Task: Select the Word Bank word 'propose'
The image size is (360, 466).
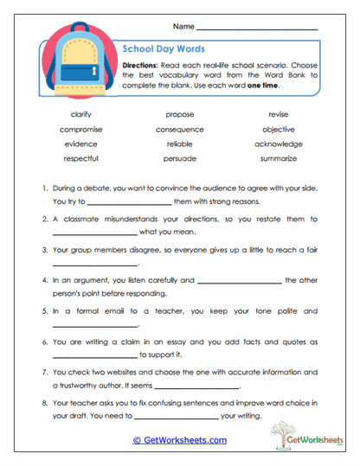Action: coord(179,114)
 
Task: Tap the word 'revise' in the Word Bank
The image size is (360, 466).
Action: coord(279,114)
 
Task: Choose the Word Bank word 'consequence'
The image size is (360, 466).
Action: coord(179,129)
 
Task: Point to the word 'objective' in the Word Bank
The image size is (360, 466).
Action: coord(279,129)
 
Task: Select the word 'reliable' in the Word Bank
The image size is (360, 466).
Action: coord(179,144)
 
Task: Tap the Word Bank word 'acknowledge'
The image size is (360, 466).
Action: coord(279,144)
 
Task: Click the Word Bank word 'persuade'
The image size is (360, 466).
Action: coord(179,158)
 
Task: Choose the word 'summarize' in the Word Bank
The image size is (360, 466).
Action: coord(279,158)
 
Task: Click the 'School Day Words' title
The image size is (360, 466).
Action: coord(164,50)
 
